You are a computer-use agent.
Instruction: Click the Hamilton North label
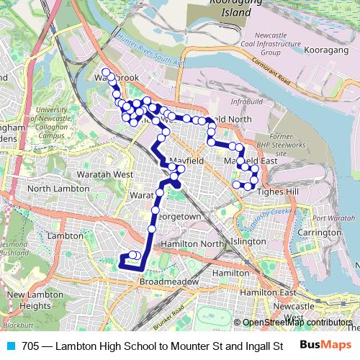192,245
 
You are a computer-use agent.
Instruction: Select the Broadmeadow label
164,282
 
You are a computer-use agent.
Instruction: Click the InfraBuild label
247,102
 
